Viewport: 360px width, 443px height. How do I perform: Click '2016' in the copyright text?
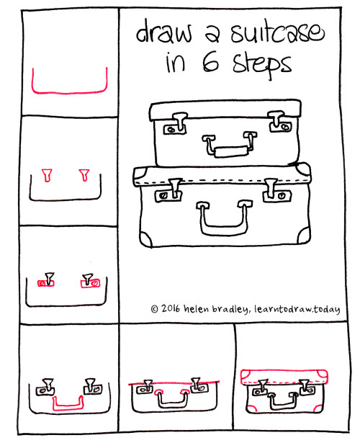pyautogui.click(x=172, y=309)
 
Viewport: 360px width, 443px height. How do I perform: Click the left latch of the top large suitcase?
pyautogui.click(x=176, y=125)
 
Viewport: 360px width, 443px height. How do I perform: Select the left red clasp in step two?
pyautogui.click(x=48, y=175)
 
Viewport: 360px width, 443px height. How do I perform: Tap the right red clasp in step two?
pyautogui.click(x=85, y=175)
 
